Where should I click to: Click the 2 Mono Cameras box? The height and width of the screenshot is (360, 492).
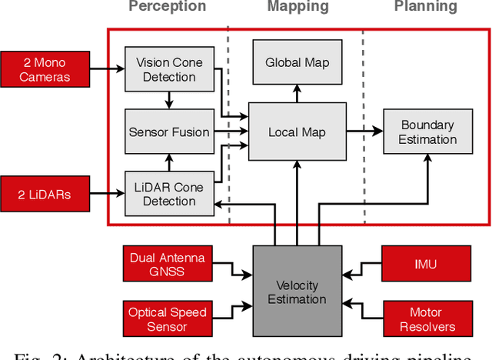point(45,69)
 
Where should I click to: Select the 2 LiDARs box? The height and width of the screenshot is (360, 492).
point(45,194)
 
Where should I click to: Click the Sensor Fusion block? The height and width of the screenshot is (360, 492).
point(168,132)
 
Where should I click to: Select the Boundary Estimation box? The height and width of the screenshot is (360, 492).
point(427,132)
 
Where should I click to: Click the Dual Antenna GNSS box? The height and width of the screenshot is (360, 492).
point(168,264)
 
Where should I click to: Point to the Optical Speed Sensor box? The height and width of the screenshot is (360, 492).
point(168,319)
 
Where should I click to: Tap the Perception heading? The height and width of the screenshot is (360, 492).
point(167,7)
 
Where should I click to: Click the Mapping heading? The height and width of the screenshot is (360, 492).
point(298,7)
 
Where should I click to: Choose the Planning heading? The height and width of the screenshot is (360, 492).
point(425,7)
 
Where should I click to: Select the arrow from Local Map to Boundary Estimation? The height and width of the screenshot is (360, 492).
point(364,132)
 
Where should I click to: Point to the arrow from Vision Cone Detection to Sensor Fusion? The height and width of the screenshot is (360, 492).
point(168,100)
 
